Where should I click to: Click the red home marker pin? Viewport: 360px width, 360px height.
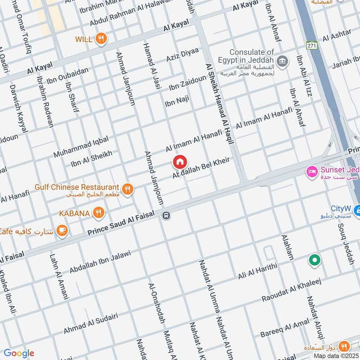179,162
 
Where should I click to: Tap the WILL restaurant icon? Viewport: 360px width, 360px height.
101,39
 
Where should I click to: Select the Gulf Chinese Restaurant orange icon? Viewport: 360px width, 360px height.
128,189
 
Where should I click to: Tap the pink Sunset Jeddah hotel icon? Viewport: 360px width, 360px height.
311,171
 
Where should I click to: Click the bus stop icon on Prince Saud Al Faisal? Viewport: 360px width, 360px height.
166,216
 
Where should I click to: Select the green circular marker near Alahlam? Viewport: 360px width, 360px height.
314,260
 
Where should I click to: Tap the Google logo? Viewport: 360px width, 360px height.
18,353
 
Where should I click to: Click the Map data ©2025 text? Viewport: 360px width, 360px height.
336,355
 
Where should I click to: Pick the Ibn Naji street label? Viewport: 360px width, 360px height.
176,101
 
